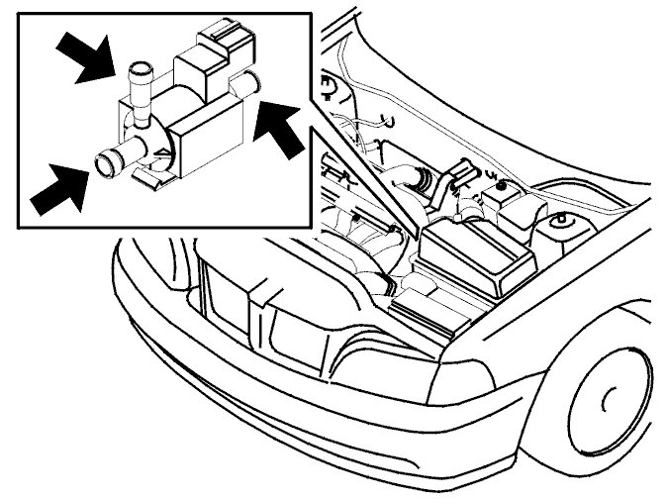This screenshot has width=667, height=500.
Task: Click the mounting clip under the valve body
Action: tap(152, 179)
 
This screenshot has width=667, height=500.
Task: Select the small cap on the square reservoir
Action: tap(502, 184)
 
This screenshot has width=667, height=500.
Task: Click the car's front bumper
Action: tap(297, 416)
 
